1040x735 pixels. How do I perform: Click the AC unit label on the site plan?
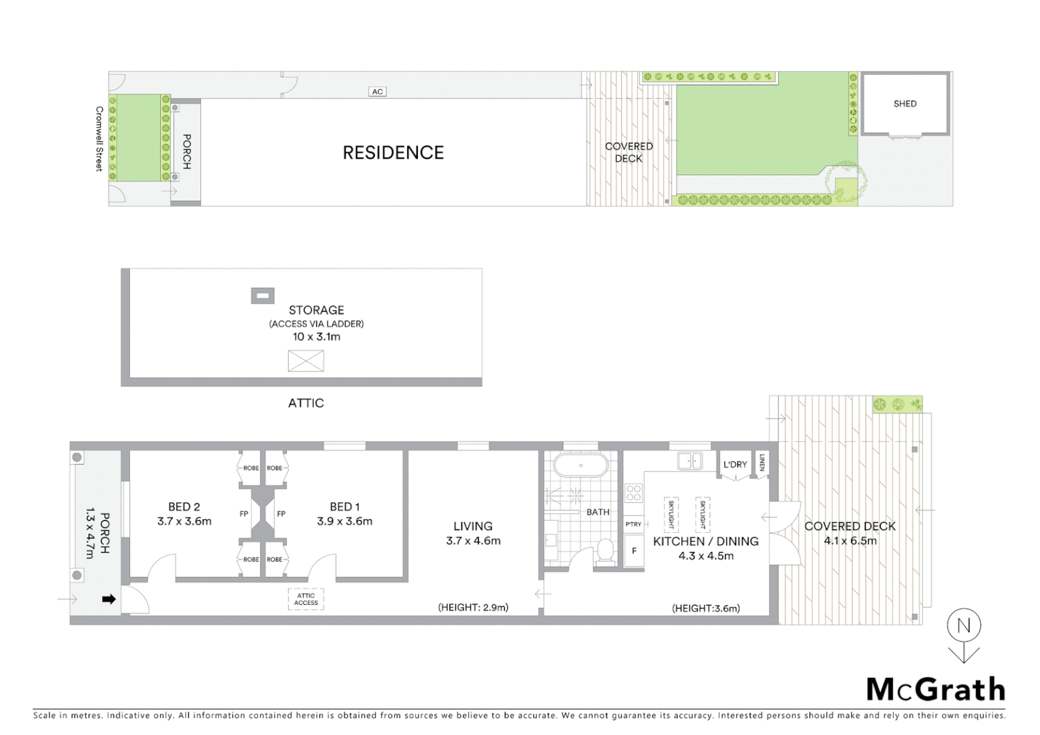pos(377,91)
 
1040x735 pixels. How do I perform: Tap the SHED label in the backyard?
pos(905,103)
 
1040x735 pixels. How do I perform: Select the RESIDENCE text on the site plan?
pos(393,152)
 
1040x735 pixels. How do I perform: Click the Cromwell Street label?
pos(99,139)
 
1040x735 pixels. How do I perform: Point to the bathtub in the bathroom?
pos(581,465)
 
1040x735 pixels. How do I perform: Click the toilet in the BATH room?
pos(605,550)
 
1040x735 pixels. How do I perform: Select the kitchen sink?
pos(690,461)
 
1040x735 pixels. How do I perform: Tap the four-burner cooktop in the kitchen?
pos(634,493)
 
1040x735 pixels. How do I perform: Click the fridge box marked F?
pos(634,551)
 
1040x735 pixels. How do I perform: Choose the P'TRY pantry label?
pos(633,524)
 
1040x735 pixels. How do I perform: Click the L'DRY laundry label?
pos(735,464)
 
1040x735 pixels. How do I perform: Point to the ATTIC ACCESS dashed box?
pos(306,599)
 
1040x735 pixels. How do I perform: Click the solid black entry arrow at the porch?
pos(109,599)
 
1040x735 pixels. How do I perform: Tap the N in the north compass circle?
pos(964,625)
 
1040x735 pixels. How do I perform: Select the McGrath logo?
pos(935,689)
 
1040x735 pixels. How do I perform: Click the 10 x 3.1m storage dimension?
pos(316,336)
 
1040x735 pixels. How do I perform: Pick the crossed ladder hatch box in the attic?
pos(306,361)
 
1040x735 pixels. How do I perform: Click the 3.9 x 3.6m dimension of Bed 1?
pos(344,521)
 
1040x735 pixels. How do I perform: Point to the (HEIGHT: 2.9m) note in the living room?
pos(473,607)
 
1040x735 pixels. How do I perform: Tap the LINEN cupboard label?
pos(762,463)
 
